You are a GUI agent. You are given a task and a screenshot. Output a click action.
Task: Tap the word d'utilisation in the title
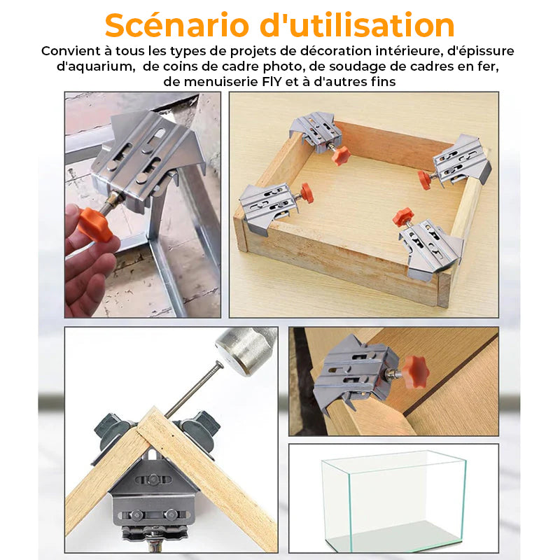(357, 25)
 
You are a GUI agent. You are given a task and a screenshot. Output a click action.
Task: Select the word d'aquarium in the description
(96, 66)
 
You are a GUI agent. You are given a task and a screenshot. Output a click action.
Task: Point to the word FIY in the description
(272, 82)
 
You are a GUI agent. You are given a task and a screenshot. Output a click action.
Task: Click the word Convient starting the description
(71, 51)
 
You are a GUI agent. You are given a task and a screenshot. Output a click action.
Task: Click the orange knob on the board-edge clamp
(415, 372)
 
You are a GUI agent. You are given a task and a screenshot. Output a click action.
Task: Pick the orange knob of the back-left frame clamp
(341, 155)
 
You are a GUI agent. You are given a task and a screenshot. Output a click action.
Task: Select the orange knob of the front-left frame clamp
(307, 193)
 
